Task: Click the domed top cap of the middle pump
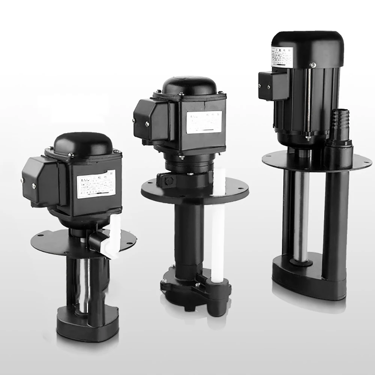point(189,86)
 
